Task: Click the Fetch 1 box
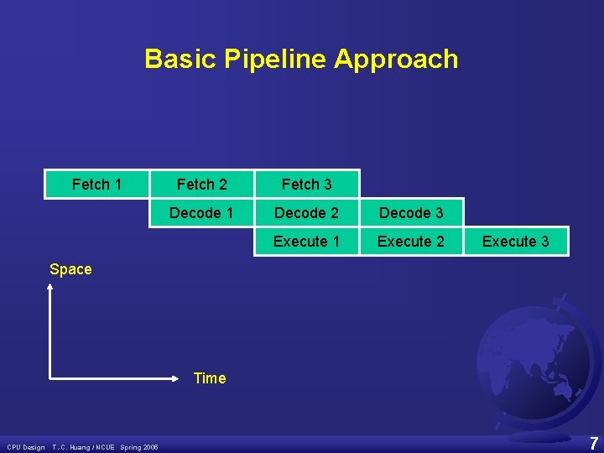(x=96, y=185)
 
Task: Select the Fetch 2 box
(x=201, y=185)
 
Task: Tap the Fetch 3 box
(x=306, y=185)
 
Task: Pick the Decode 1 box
(x=201, y=213)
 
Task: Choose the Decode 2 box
(x=306, y=213)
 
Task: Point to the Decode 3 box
(x=411, y=213)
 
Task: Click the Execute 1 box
(x=306, y=242)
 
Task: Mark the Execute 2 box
(x=411, y=242)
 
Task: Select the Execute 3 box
(x=515, y=242)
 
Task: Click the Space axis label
(x=70, y=269)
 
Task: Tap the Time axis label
(x=210, y=378)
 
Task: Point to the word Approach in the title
(x=396, y=60)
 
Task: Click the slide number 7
(x=593, y=443)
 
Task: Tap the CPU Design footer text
(x=26, y=447)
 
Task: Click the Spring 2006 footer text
(x=139, y=447)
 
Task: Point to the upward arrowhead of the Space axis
(x=50, y=288)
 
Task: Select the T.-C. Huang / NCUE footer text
(x=85, y=447)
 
